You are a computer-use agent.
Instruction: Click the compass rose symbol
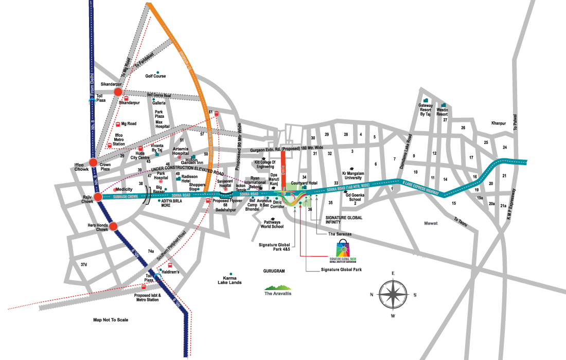(x=393, y=294)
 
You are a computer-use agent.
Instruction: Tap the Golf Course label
(x=155, y=76)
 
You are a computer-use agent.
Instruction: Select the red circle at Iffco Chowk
(x=93, y=163)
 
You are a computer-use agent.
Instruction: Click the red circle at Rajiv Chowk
(x=98, y=196)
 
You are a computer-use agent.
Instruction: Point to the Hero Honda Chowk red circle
(x=114, y=226)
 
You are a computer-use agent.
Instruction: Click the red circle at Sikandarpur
(x=118, y=92)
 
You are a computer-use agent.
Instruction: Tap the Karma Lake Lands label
(x=229, y=280)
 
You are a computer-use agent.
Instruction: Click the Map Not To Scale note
(x=111, y=320)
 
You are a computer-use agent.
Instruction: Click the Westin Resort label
(x=443, y=111)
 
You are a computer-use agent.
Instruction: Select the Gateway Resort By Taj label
(x=425, y=111)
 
